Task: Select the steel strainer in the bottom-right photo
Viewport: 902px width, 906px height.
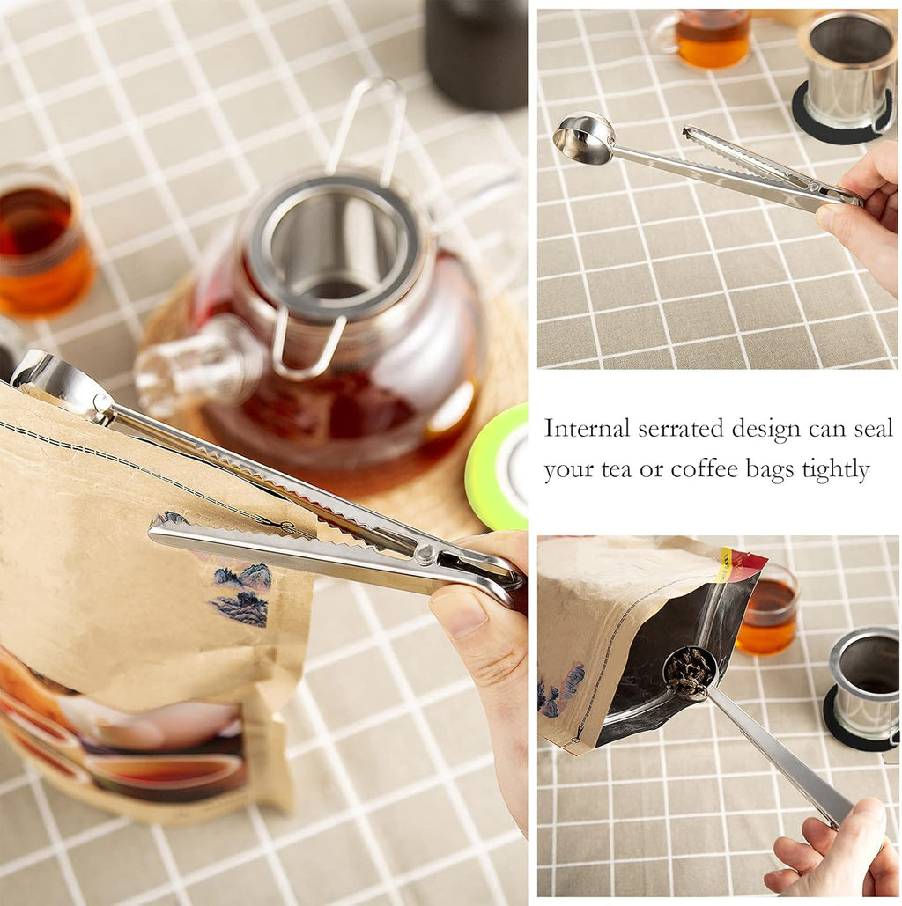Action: point(867,682)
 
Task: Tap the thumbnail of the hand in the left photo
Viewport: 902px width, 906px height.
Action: point(458,613)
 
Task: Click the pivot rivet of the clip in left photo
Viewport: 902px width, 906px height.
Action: point(426,554)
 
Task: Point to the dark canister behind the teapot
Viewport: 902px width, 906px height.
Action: point(476,53)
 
